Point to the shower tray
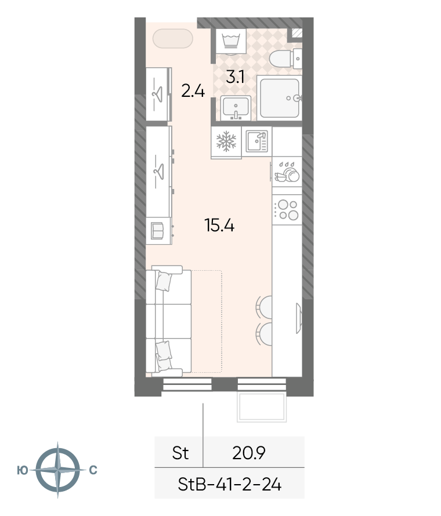[279, 98]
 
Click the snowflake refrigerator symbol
[226, 141]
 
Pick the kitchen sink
[257, 141]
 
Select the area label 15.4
[219, 226]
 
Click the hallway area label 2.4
[193, 91]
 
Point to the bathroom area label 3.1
[235, 77]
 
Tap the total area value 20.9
[249, 453]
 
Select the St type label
[180, 453]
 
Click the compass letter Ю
[23, 470]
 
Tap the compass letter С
[93, 470]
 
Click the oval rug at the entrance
[172, 38]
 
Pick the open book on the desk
[157, 231]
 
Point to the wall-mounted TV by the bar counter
[299, 318]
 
